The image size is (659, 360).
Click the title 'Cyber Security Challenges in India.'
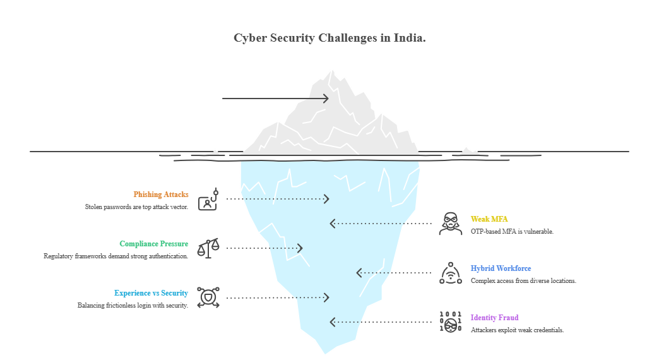point(329,38)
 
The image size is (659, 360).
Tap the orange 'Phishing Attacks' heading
point(160,195)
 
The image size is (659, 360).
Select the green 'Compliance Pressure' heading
point(153,244)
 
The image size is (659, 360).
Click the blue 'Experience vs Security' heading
point(151,293)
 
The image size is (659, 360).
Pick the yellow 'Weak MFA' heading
point(489,219)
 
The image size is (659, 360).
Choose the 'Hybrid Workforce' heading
point(501,268)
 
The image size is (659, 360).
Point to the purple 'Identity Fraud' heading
point(494,318)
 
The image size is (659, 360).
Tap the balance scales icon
point(208,248)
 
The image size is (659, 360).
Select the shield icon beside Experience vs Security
point(208,297)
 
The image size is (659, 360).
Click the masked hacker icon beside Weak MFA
point(451,224)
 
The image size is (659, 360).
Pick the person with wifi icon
point(451,273)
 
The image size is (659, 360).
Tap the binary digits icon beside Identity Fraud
point(451,322)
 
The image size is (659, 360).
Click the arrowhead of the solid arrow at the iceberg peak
point(326,99)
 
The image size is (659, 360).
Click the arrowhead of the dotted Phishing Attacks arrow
point(326,199)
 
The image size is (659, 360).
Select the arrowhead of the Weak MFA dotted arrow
point(333,224)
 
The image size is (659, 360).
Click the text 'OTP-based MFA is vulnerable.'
point(512,232)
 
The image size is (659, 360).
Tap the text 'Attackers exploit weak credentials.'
point(517,330)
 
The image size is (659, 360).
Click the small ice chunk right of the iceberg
point(468,151)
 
